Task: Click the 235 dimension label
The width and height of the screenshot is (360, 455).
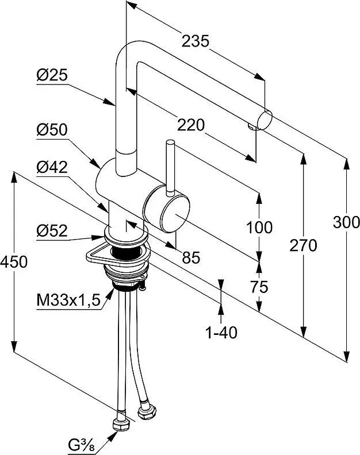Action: [195, 41]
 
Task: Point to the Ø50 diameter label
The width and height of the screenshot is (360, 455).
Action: [51, 130]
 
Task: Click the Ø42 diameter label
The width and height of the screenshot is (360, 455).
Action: [51, 167]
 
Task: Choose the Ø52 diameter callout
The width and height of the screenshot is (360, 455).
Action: [51, 231]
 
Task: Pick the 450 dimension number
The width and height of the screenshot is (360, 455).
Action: [13, 262]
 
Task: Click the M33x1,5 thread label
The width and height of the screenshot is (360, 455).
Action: [64, 301]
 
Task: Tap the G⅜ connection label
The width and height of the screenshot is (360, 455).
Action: [81, 445]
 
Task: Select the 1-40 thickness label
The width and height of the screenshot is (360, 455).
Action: [222, 331]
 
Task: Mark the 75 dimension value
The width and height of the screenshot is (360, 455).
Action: [259, 287]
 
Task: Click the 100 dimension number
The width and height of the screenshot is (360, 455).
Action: [259, 227]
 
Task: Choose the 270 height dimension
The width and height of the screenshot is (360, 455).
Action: [303, 246]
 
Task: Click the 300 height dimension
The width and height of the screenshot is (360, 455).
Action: [346, 222]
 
